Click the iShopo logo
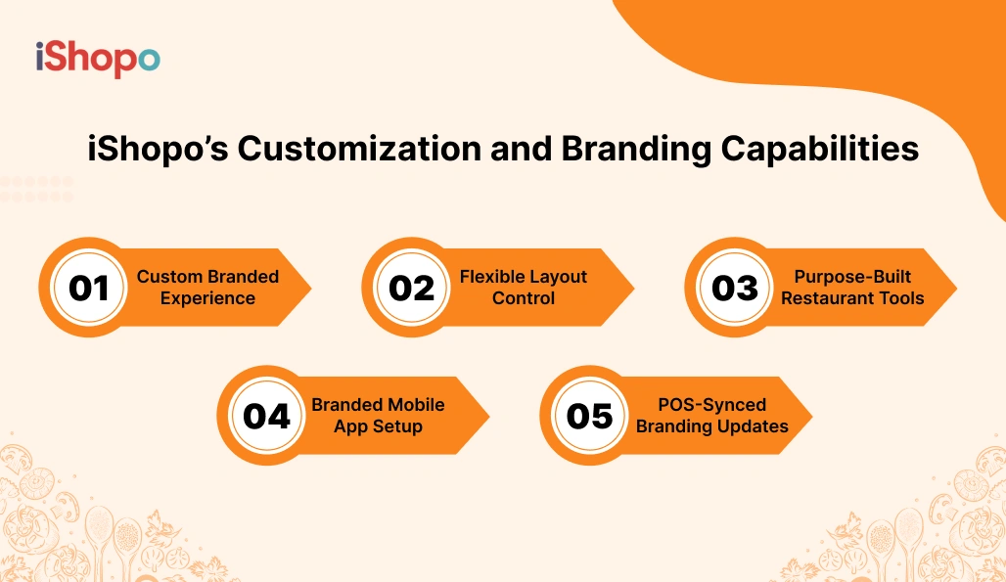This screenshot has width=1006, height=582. point(97,60)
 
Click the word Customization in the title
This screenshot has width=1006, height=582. point(359,149)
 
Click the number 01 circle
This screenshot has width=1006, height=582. point(88,288)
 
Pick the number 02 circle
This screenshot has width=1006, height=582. point(411,288)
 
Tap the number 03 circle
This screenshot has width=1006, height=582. point(734,288)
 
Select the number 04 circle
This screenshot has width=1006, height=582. point(266,416)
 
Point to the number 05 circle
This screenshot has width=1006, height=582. point(589,416)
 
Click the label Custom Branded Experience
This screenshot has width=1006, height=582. point(207,288)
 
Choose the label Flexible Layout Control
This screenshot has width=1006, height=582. point(524,288)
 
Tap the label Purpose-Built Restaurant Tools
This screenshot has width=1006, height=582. point(852,288)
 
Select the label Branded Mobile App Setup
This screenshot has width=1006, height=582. point(378,416)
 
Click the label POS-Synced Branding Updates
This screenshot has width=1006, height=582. point(711,416)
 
